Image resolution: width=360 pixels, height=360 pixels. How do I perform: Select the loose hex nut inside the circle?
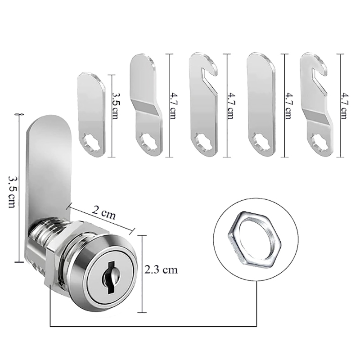pyautogui.click(x=254, y=239)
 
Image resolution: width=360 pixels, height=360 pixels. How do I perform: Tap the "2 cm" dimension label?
pyautogui.click(x=104, y=212)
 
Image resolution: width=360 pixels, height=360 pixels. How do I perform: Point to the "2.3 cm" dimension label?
pyautogui.click(x=161, y=270)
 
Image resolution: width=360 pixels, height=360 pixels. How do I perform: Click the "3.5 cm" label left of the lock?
pyautogui.click(x=12, y=192)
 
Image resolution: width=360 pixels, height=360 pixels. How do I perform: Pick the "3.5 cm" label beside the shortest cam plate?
pyautogui.click(x=115, y=105)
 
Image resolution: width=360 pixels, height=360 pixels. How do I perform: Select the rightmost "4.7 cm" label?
pyautogui.click(x=344, y=106)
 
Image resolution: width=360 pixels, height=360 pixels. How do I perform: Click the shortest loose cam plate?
pyautogui.click(x=92, y=115)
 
